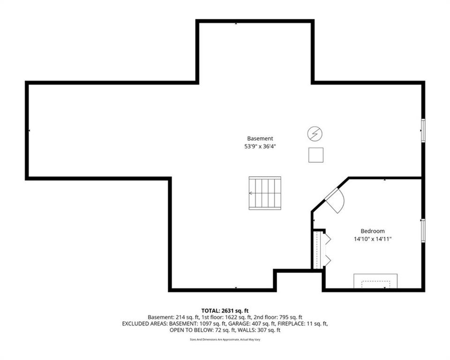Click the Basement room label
pyautogui.click(x=260, y=138)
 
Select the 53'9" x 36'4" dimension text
pyautogui.click(x=260, y=146)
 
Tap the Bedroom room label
pyautogui.click(x=373, y=231)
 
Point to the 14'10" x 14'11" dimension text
pyautogui.click(x=373, y=239)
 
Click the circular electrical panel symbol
pyautogui.click(x=315, y=134)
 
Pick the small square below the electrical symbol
pyautogui.click(x=315, y=155)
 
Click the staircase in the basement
pyautogui.click(x=264, y=193)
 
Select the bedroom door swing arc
pyautogui.click(x=342, y=201)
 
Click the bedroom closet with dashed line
pyautogui.click(x=318, y=249)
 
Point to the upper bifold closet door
pyautogui.click(x=327, y=239)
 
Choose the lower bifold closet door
pyautogui.click(x=327, y=260)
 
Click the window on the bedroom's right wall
pyautogui.click(x=423, y=230)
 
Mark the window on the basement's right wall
pyautogui.click(x=423, y=130)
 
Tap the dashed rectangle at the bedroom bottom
pyautogui.click(x=375, y=284)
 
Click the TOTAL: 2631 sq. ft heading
pyautogui.click(x=225, y=311)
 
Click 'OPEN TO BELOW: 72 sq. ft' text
pyautogui.click(x=202, y=330)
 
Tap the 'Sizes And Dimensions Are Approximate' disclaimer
pyautogui.click(x=215, y=340)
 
